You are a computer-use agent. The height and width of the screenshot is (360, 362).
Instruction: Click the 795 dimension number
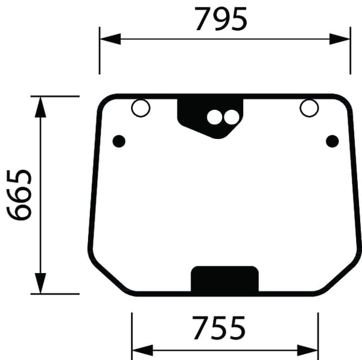pos(221,19)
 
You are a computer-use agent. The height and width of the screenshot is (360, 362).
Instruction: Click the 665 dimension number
pos(19,196)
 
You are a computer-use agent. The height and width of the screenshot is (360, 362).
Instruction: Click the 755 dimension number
pos(219,329)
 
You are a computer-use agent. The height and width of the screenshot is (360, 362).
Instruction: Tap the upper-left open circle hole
pos(141,109)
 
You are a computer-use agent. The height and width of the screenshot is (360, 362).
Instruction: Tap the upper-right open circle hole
pos(309,108)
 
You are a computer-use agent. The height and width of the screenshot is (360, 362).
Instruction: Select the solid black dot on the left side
pos(119,141)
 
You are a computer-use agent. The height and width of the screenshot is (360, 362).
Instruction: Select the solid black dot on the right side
pos(332,141)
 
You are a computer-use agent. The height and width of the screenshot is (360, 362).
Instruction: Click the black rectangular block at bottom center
pos(224,280)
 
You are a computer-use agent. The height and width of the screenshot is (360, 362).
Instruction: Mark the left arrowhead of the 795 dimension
pos(108,39)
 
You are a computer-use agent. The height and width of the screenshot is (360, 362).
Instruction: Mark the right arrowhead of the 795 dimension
pos(342,39)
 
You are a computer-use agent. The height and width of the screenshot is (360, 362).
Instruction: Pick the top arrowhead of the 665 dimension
pos(40,105)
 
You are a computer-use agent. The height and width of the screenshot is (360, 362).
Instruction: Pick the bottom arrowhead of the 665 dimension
pos(40,284)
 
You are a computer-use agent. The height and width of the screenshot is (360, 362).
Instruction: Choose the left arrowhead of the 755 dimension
pos(141,349)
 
